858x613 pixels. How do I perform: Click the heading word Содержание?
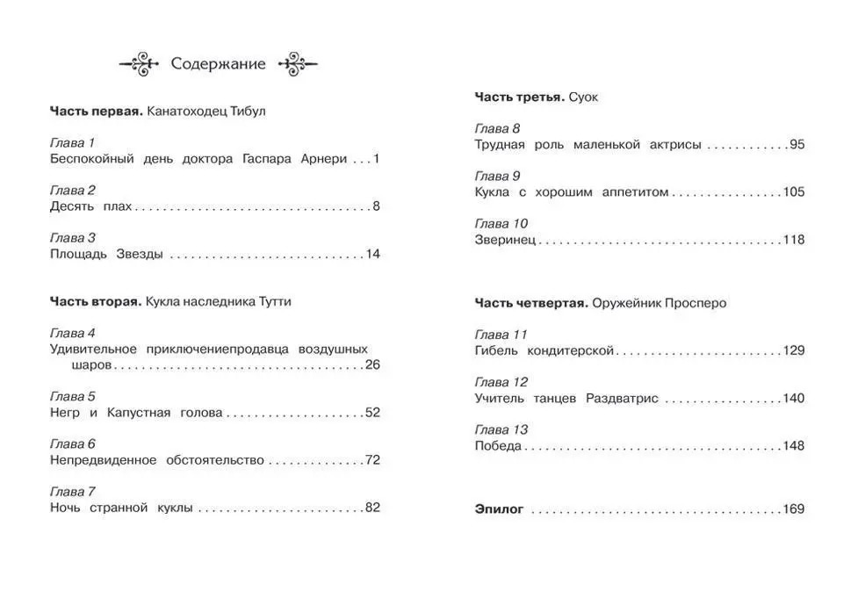[x=218, y=64]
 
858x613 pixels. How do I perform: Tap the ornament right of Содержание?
[x=297, y=64]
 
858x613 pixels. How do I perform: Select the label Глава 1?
[x=72, y=143]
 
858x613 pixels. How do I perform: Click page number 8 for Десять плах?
[x=376, y=207]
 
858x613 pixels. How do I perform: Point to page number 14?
[x=372, y=255]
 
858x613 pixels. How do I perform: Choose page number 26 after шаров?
[x=372, y=365]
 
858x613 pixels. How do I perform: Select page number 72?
[x=372, y=460]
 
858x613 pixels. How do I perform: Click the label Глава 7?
[x=72, y=492]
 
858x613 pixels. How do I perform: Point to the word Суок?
[x=583, y=97]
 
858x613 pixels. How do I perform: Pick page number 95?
[x=797, y=145]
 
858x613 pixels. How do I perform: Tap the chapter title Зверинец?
[x=504, y=240]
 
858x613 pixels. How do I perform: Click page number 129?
[x=793, y=351]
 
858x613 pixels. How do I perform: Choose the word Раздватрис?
[x=621, y=399]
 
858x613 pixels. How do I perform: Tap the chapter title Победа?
[x=498, y=446]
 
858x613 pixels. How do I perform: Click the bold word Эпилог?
[x=499, y=509]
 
